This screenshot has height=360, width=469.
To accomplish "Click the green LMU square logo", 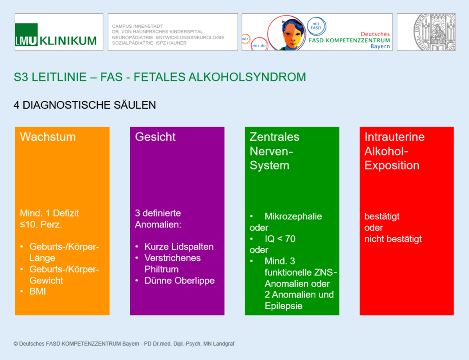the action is [26, 34].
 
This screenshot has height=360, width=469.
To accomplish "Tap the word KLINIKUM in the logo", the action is [68, 41].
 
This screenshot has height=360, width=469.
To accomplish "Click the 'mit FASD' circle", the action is [316, 26].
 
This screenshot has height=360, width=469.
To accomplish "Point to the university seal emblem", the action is [434, 32].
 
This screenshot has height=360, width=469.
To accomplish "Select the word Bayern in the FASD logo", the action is [380, 46].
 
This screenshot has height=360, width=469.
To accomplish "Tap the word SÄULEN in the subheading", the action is [135, 105].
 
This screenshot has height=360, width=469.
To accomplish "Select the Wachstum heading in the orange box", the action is [48, 137].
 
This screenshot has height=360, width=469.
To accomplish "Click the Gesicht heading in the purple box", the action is [155, 137].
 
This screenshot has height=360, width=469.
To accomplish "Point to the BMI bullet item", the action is [38, 291].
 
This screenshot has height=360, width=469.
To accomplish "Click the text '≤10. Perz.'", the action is [41, 224].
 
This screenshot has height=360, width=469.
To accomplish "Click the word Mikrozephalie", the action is [293, 216].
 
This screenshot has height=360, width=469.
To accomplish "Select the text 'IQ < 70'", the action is [280, 239].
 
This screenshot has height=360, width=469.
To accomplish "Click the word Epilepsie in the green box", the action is [283, 306].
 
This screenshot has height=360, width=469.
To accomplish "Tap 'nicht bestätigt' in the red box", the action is [393, 239].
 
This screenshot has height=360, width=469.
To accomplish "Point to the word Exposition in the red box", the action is [392, 166].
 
